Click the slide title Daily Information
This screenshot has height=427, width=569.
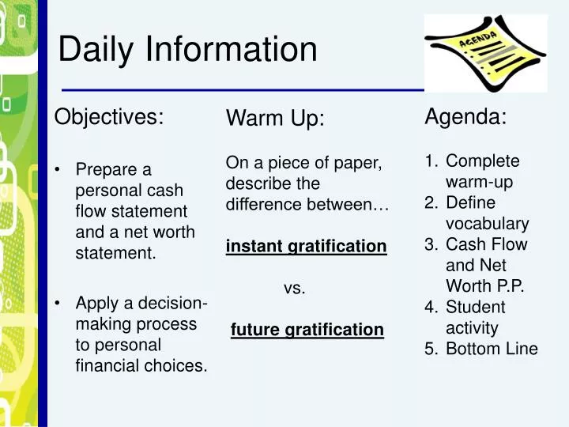tap(187, 51)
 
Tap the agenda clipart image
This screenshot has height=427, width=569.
tap(485, 53)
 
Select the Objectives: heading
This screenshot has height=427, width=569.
tap(109, 117)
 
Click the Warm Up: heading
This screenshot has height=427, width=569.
tap(275, 119)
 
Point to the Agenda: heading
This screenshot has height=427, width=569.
tap(465, 117)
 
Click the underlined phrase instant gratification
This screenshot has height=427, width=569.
tap(307, 247)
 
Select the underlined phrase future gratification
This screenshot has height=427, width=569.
tap(307, 329)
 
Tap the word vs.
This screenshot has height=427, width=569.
tap(294, 289)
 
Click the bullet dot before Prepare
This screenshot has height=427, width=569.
tap(58, 171)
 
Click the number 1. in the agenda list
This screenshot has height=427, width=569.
tap(431, 161)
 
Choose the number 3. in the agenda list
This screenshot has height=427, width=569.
tap(431, 244)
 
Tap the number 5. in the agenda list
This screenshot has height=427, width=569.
tap(431, 349)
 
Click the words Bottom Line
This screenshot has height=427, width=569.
tap(492, 349)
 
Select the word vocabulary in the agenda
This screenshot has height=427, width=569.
tap(487, 224)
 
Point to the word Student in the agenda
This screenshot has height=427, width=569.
tap(475, 307)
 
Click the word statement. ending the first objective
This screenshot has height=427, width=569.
tap(115, 254)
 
